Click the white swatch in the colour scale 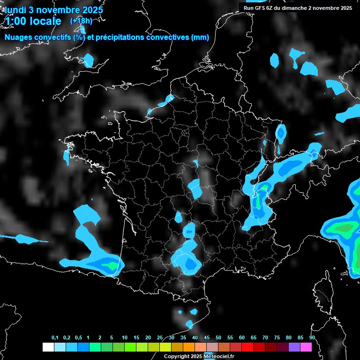pos(48,347)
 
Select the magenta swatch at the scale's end pos(306,347)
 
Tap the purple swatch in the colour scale pos(294,347)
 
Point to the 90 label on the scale pos(312,338)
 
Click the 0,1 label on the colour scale pos(55,338)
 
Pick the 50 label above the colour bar pos(218,338)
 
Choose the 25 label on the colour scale pos(160,338)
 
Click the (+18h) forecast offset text pos(81,21)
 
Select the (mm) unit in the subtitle pos(200,37)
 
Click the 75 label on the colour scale pos(277,338)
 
